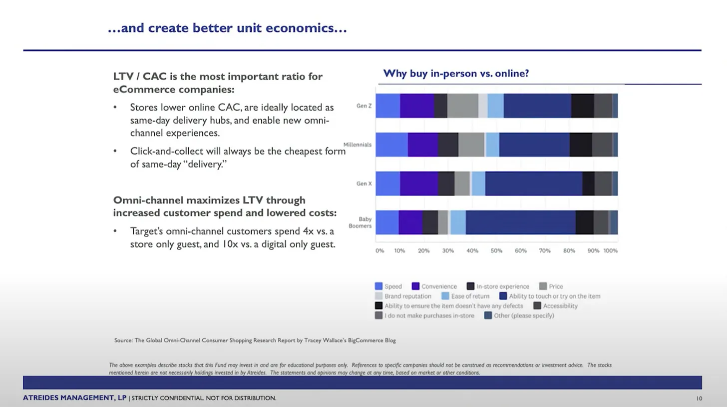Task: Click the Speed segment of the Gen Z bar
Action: pyautogui.click(x=388, y=105)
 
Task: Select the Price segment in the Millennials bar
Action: pyautogui.click(x=471, y=144)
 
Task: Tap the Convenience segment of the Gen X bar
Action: pyautogui.click(x=419, y=183)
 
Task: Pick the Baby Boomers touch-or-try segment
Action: pyautogui.click(x=520, y=222)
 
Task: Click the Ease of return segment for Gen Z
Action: pyautogui.click(x=495, y=105)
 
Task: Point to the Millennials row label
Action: pyautogui.click(x=357, y=144)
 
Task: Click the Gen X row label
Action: pyautogui.click(x=364, y=183)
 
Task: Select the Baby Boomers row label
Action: pyautogui.click(x=365, y=222)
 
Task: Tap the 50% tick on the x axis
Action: pyautogui.click(x=496, y=250)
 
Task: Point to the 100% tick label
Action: pyautogui.click(x=610, y=250)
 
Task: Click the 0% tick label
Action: pyautogui.click(x=379, y=250)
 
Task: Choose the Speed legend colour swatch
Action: pyautogui.click(x=378, y=286)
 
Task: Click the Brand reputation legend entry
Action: pyautogui.click(x=407, y=296)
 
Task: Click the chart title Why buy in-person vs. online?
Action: pyautogui.click(x=456, y=73)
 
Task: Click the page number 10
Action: pyautogui.click(x=699, y=398)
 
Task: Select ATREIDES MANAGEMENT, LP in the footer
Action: pyautogui.click(x=74, y=398)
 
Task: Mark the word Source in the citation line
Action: pyautogui.click(x=123, y=340)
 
